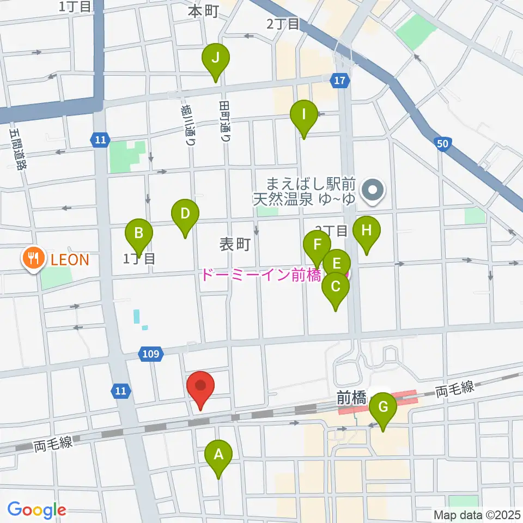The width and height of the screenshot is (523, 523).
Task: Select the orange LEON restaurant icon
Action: click(34, 259)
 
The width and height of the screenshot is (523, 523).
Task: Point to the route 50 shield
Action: click(443, 143)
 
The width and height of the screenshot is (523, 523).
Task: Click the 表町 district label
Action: click(235, 245)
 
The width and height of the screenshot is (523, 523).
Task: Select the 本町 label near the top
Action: click(203, 11)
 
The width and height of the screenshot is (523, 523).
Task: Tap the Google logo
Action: click(37, 509)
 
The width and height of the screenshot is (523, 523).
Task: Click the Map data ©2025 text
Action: click(477, 514)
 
